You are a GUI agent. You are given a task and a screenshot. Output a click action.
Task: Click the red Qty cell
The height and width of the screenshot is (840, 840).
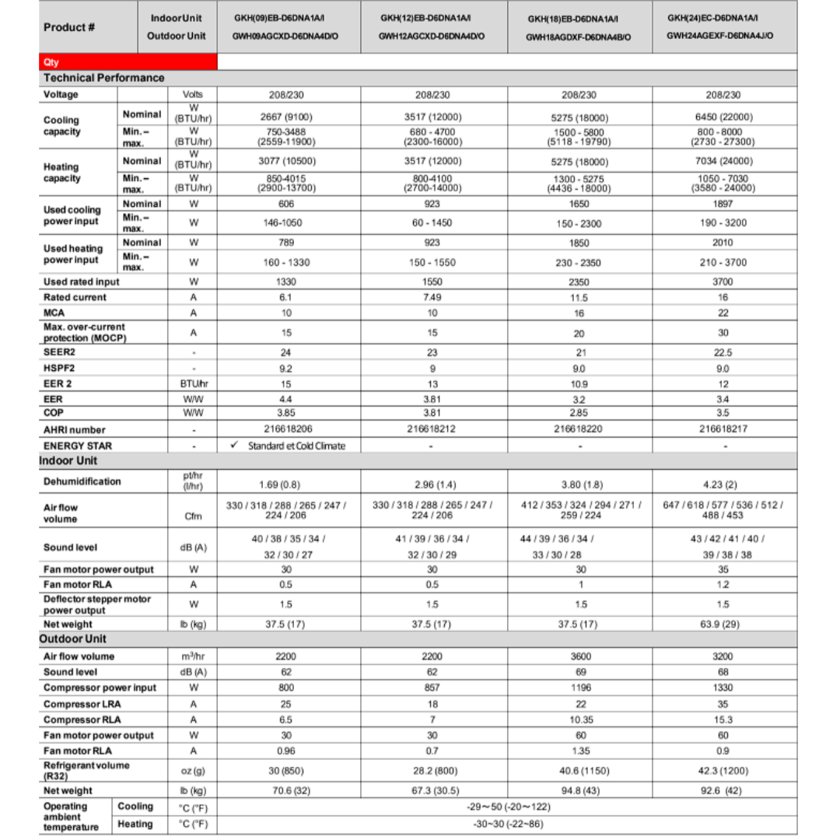128,62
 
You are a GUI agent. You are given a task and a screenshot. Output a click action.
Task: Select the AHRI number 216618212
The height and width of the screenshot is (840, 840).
432,429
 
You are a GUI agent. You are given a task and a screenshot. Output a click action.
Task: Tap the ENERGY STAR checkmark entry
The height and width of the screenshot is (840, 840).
288,446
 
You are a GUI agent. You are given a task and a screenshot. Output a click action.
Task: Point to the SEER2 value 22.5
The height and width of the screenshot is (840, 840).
723,352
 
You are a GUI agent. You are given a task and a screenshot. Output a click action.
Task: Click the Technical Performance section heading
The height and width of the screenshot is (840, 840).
104,78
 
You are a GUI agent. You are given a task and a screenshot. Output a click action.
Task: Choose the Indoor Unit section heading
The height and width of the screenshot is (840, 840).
68,460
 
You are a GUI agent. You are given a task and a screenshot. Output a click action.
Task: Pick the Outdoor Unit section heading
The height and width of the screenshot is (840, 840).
73,639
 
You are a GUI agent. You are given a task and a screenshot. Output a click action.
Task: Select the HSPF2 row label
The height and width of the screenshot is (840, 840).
59,367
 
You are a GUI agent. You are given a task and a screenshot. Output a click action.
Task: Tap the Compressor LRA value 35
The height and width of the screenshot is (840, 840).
723,704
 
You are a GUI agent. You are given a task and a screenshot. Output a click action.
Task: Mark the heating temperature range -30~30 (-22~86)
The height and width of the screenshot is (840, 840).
508,824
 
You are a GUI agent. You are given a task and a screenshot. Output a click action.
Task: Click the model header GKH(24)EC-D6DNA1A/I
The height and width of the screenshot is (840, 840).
713,18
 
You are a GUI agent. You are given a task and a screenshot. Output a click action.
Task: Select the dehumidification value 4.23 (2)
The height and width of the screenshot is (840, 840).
723,485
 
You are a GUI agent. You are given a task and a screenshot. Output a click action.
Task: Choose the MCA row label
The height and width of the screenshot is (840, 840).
54,313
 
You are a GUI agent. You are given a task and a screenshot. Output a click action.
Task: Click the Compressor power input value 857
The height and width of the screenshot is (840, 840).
432,688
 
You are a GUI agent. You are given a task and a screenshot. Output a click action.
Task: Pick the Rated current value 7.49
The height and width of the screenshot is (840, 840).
432,297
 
